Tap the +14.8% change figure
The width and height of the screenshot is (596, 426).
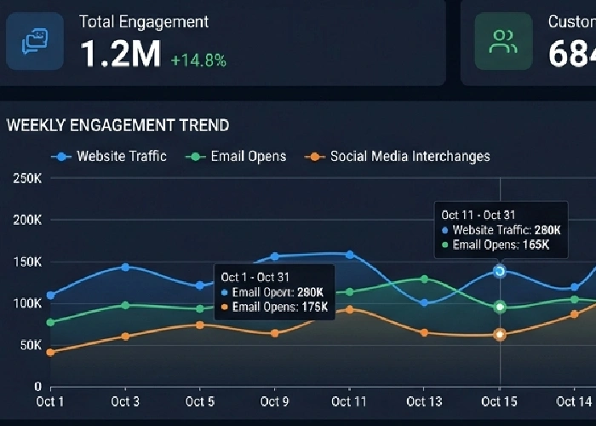[x=198, y=60]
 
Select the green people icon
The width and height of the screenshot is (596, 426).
[x=503, y=41]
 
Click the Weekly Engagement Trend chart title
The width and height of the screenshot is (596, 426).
[x=117, y=125]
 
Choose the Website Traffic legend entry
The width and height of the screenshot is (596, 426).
[x=111, y=156]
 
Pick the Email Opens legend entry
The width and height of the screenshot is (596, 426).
[x=239, y=156]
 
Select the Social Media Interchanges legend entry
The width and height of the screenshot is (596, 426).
[x=399, y=156]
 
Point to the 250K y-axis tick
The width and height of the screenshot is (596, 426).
[x=26, y=178]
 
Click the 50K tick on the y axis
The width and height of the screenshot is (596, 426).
[x=28, y=345]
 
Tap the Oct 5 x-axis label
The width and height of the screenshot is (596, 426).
[x=200, y=401]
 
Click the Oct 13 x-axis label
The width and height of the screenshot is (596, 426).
[x=425, y=401]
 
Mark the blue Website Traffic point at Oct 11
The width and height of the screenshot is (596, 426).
[x=350, y=254]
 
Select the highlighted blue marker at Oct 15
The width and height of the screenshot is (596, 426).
[x=500, y=271]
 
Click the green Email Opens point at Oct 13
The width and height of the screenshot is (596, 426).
[x=425, y=279]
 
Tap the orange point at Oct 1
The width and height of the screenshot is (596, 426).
[x=51, y=352]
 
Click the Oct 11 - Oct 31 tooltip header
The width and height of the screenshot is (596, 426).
[x=479, y=215]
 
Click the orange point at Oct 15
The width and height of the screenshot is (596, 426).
[x=500, y=335]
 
